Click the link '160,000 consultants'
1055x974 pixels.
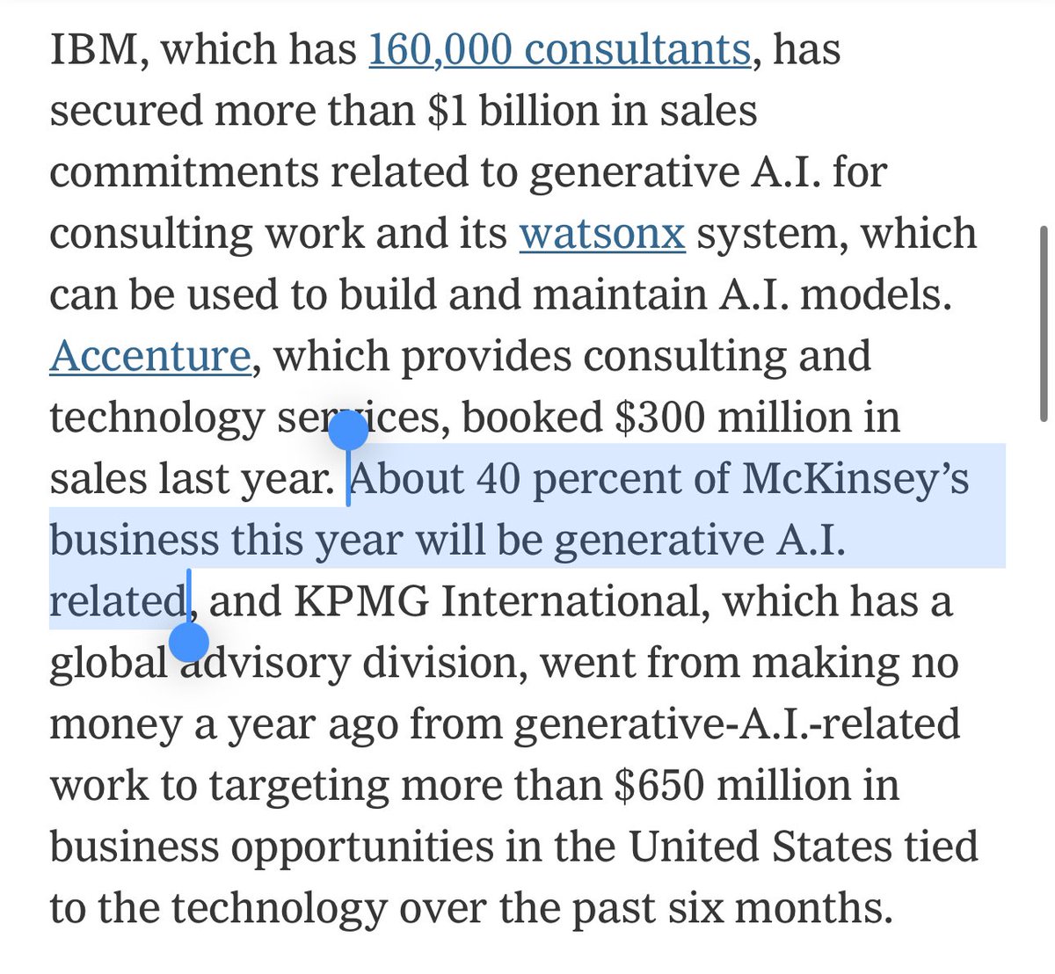coord(559,49)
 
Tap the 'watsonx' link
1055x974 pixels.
coord(602,234)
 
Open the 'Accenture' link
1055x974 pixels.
coord(150,356)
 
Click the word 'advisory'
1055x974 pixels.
coord(265,663)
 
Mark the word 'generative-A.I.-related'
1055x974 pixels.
coord(737,724)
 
